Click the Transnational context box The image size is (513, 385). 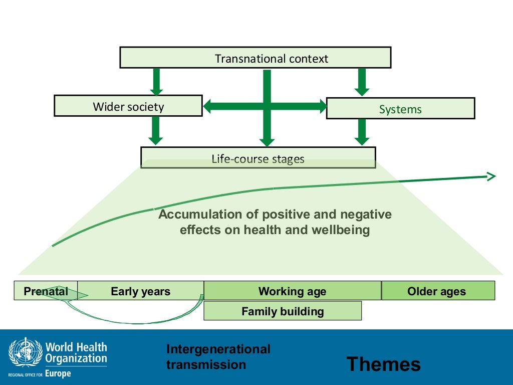point(255,58)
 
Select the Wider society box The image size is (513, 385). point(128,106)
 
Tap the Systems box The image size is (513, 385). point(400,108)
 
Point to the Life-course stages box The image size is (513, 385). point(258,158)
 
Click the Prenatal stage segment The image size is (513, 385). point(46,291)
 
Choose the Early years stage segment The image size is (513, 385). point(141,291)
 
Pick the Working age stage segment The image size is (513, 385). point(293,291)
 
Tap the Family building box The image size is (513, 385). point(283,311)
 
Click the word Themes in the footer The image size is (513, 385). point(384,364)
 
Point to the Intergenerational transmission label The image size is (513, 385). point(218,356)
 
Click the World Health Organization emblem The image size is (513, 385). point(26,353)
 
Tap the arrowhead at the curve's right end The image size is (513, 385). point(491,176)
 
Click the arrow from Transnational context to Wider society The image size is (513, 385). point(157,82)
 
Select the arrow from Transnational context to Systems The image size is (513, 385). point(362,82)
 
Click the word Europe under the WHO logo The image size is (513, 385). point(61,374)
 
